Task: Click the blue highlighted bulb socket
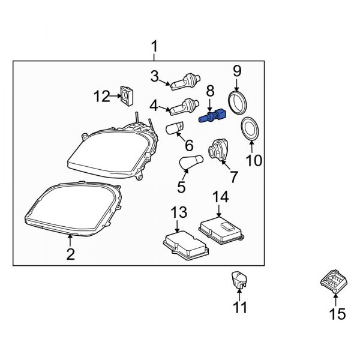point(211,116)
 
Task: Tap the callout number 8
point(210,91)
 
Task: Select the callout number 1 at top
point(154,46)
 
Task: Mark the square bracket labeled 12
point(127,95)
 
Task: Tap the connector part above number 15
point(331,280)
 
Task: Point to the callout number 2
point(70,254)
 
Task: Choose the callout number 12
point(102,95)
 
